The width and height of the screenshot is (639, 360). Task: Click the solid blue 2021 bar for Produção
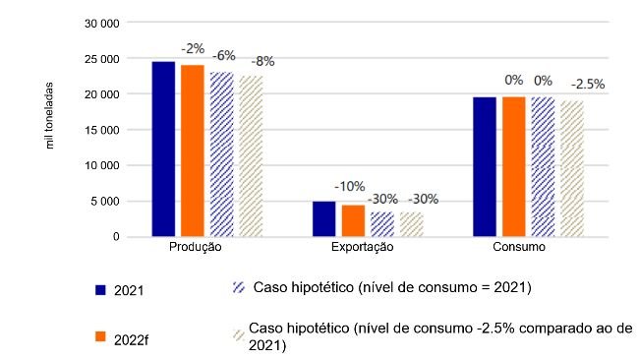163,149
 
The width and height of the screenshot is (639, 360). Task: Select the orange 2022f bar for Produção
193,150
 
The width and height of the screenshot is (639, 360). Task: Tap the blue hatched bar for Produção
222,154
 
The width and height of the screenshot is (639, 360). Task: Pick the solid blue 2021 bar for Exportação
323,218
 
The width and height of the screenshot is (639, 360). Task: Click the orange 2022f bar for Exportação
353,220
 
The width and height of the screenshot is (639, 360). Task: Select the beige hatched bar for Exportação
412,224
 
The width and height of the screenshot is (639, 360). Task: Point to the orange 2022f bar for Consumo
513,166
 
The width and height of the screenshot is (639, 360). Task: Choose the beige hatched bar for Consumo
571,168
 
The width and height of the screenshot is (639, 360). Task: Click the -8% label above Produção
262,61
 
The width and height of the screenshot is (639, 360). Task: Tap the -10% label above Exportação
350,185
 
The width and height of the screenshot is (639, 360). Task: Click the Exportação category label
363,249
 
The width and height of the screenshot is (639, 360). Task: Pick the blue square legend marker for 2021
99,290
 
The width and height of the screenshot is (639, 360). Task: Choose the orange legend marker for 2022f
99,337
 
